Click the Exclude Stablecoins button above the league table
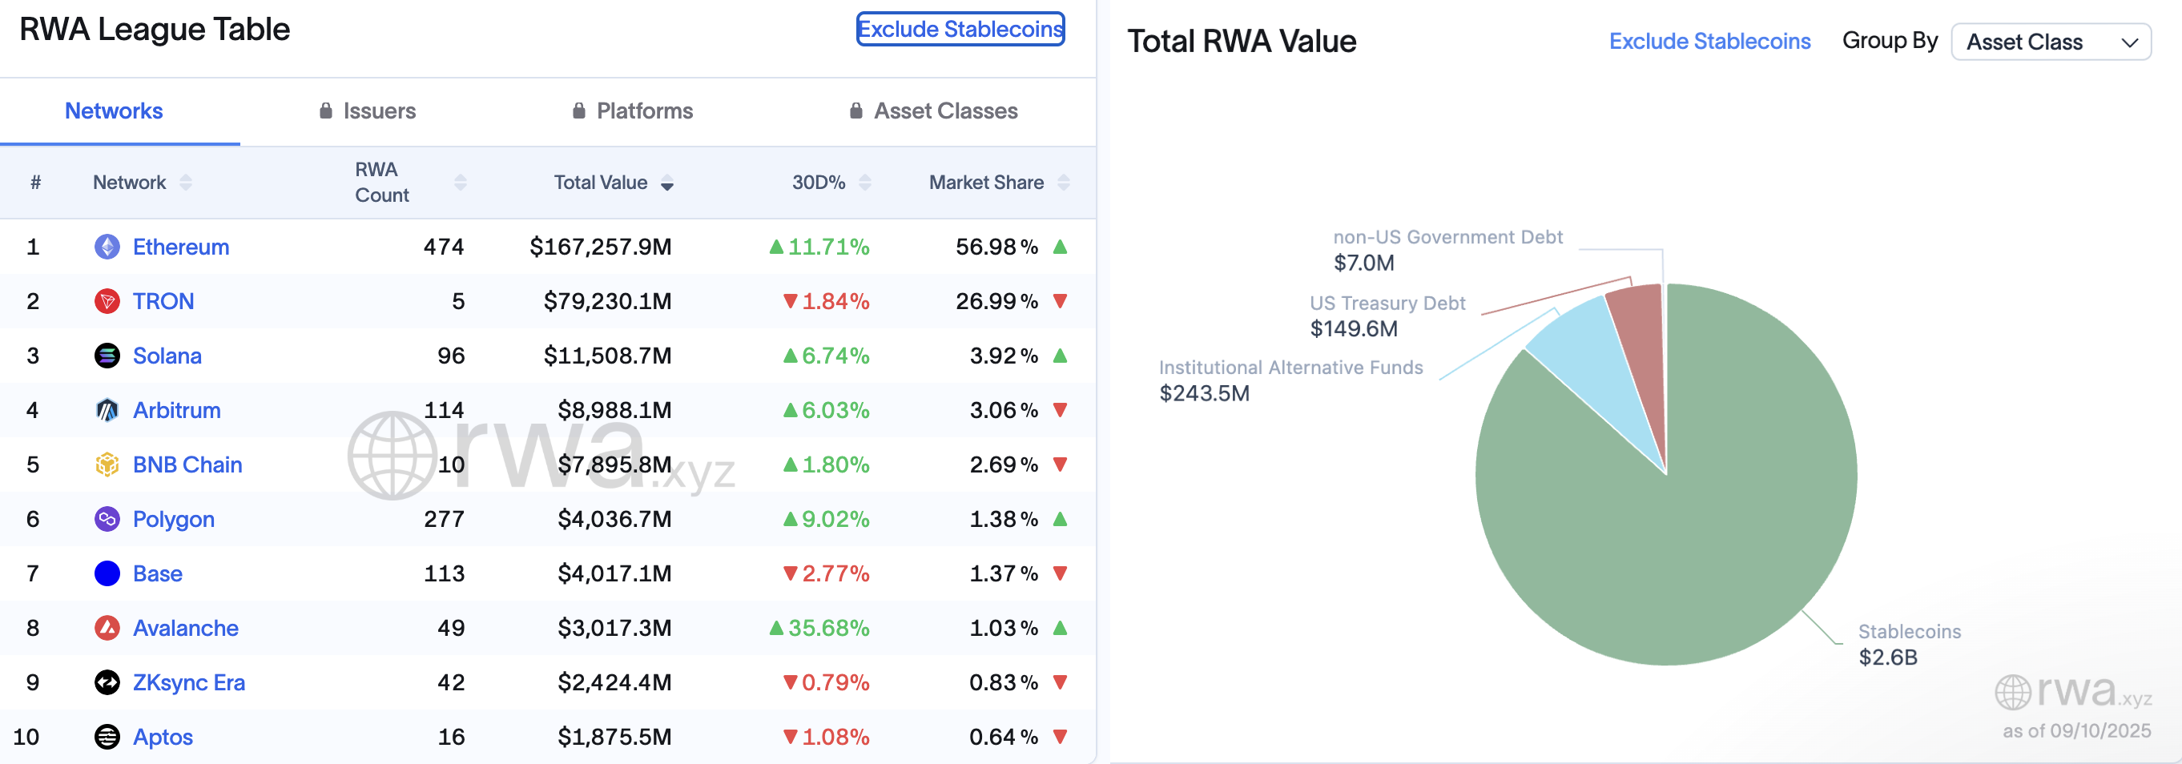pyautogui.click(x=960, y=29)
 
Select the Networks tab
pyautogui.click(x=114, y=111)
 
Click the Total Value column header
pyautogui.click(x=601, y=182)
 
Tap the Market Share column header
pyautogui.click(x=986, y=182)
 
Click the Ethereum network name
pyautogui.click(x=180, y=247)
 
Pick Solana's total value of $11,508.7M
pyautogui.click(x=607, y=356)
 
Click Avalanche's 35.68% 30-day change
pyautogui.click(x=827, y=628)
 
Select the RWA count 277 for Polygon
pyautogui.click(x=444, y=519)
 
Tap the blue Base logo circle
pyautogui.click(x=107, y=573)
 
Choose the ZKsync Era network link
pyautogui.click(x=188, y=682)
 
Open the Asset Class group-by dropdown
pyautogui.click(x=2050, y=42)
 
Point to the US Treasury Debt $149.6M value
pyautogui.click(x=1354, y=328)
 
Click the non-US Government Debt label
pyautogui.click(x=1447, y=237)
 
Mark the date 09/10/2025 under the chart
pyautogui.click(x=2099, y=730)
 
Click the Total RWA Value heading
pyautogui.click(x=1241, y=42)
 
